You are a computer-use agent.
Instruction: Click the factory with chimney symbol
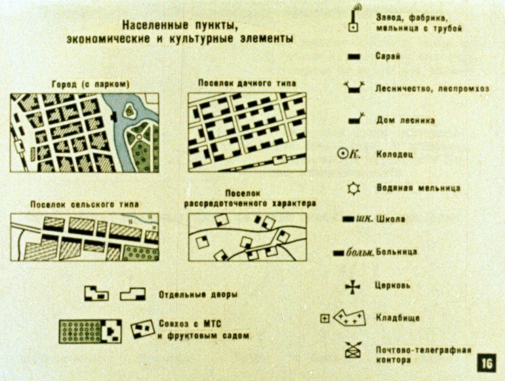[x=353, y=18]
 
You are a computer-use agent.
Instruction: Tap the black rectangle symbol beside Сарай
[x=353, y=57]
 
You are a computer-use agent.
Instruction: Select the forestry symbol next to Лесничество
[x=354, y=87]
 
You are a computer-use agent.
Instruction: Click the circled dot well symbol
[x=342, y=153]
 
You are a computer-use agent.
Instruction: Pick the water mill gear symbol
[x=353, y=188]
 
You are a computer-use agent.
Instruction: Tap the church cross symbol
[x=353, y=287]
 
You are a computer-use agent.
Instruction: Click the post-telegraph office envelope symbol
[x=353, y=350]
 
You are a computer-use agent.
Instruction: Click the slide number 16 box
[x=487, y=363]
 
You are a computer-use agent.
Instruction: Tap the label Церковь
[x=393, y=285]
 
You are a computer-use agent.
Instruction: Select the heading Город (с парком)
[x=91, y=85]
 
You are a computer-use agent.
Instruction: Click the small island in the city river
[x=129, y=110]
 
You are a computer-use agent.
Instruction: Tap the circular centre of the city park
[x=139, y=137]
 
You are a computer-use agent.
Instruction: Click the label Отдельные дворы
[x=198, y=294]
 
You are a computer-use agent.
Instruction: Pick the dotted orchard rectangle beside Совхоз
[x=81, y=331]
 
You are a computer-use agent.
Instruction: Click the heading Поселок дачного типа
[x=247, y=83]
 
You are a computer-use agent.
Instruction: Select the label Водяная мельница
[x=418, y=188]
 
